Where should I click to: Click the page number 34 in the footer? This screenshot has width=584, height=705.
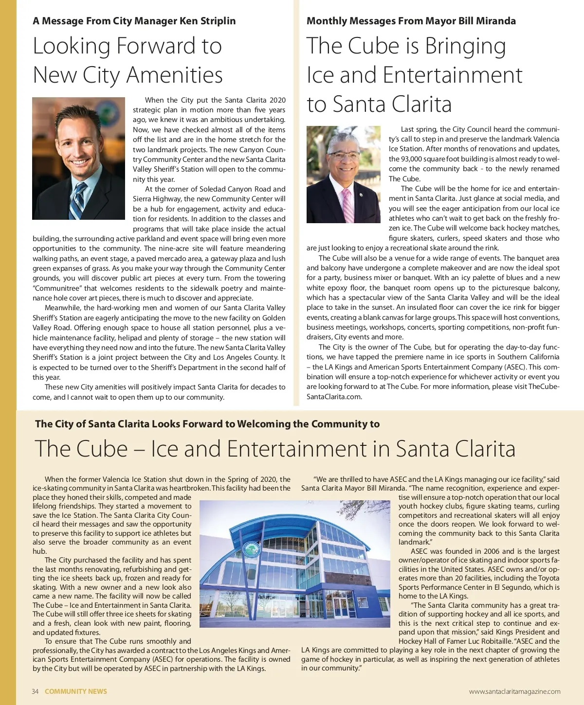pyautogui.click(x=35, y=691)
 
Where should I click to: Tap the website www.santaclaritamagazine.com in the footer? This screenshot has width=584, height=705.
pyautogui.click(x=514, y=691)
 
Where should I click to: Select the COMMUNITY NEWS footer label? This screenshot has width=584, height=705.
pyautogui.click(x=76, y=691)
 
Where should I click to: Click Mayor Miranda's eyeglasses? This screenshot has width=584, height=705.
pyautogui.click(x=344, y=156)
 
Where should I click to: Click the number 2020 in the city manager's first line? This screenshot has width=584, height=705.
pyautogui.click(x=277, y=100)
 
